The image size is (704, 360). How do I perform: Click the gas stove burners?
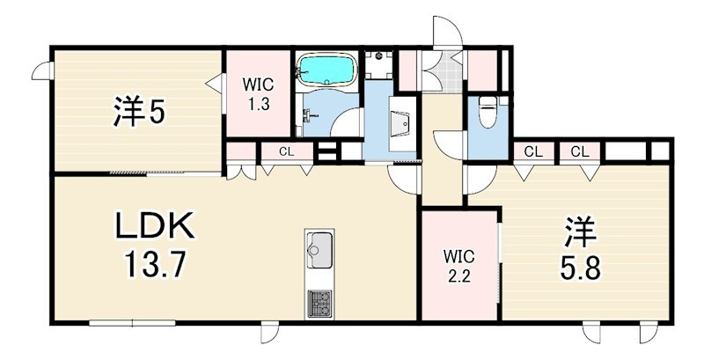[319, 303]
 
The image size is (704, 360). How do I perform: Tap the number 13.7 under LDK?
[155, 264]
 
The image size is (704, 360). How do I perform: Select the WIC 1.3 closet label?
[258, 94]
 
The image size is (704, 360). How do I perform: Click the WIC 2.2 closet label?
[458, 266]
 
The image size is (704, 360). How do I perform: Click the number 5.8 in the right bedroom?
[580, 268]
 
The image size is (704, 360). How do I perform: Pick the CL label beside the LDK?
[286, 151]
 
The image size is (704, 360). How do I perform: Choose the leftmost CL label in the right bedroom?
[533, 152]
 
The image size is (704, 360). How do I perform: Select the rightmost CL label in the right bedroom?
[580, 152]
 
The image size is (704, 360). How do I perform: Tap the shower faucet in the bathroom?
[310, 117]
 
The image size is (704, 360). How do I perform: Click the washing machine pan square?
[378, 64]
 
